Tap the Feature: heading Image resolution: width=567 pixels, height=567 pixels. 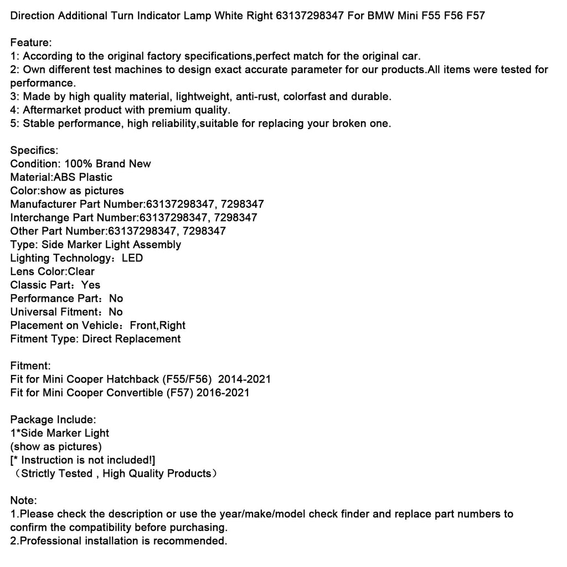[x=31, y=43]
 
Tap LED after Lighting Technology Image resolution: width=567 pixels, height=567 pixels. [x=132, y=258]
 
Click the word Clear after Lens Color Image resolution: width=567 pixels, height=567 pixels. [x=81, y=271]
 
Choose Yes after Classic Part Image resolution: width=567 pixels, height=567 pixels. [x=91, y=285]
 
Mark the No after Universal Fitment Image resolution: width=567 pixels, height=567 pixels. [x=116, y=312]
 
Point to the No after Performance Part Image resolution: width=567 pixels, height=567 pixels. [x=116, y=298]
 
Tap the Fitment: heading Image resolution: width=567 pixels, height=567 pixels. [x=30, y=365]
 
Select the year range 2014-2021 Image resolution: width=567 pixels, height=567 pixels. [x=244, y=379]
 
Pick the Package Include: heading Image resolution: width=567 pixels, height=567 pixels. [x=53, y=420]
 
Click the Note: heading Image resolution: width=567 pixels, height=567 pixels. [x=24, y=500]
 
